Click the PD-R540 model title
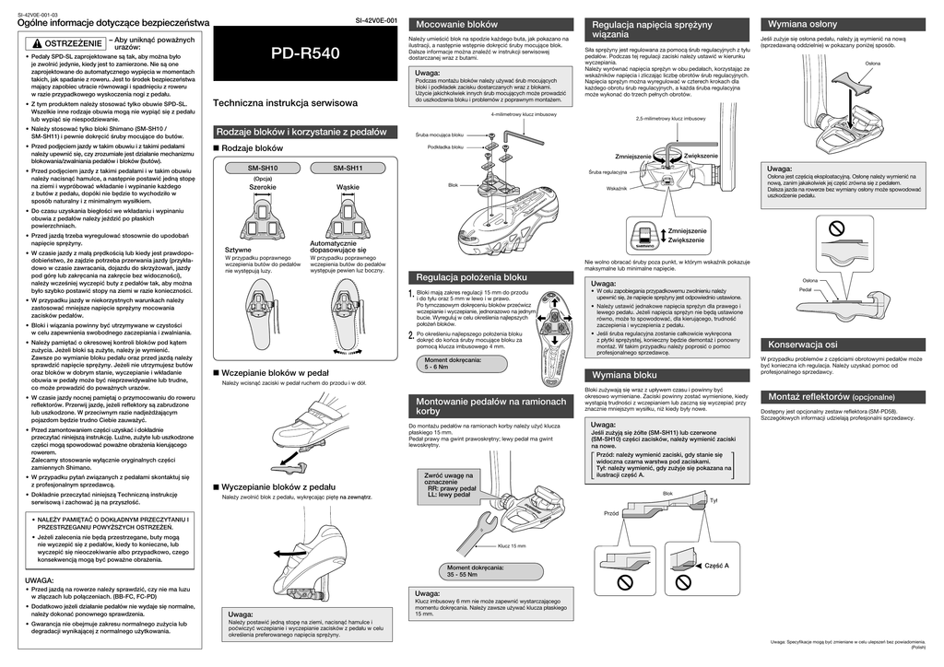pos(305,54)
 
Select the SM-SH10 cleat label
pos(263,168)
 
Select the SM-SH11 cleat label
pos(348,168)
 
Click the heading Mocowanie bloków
pos(457,23)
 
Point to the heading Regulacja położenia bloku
pos(472,276)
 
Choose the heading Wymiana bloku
pos(624,375)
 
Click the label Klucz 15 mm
pos(511,545)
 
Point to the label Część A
pos(716,565)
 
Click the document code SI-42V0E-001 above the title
pos(376,20)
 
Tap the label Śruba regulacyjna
pos(608,172)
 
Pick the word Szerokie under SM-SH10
pos(263,187)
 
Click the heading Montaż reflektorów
pos(802,396)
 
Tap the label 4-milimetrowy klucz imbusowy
pos(524,114)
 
